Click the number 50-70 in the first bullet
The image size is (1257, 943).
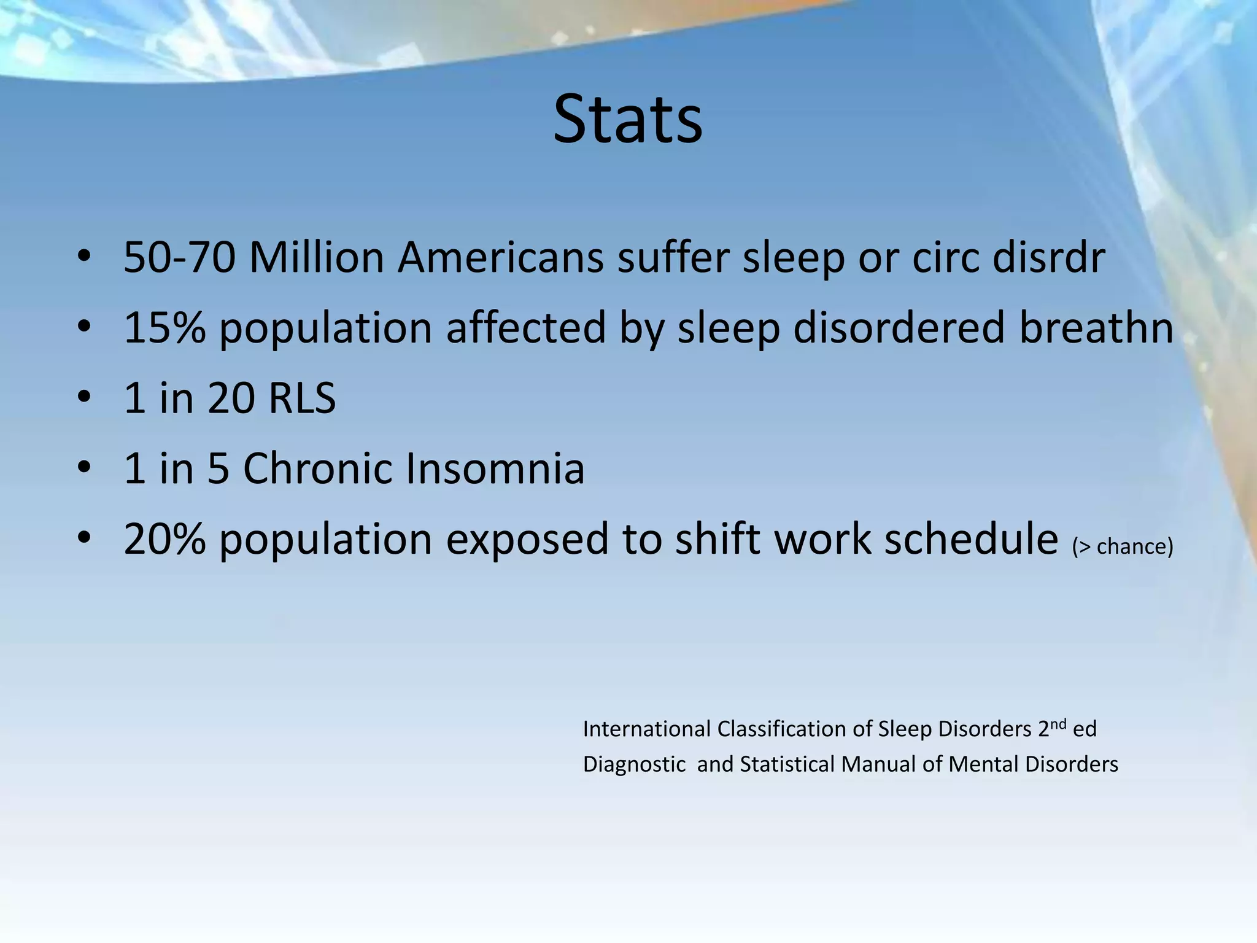coord(179,257)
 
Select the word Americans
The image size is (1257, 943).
coord(500,257)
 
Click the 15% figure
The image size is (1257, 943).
coord(164,328)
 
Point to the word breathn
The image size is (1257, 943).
coord(1096,328)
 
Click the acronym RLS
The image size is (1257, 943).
coord(302,398)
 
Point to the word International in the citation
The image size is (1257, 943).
coord(646,729)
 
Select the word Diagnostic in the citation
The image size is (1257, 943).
coord(633,764)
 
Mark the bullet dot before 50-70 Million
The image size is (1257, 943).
coord(84,257)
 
